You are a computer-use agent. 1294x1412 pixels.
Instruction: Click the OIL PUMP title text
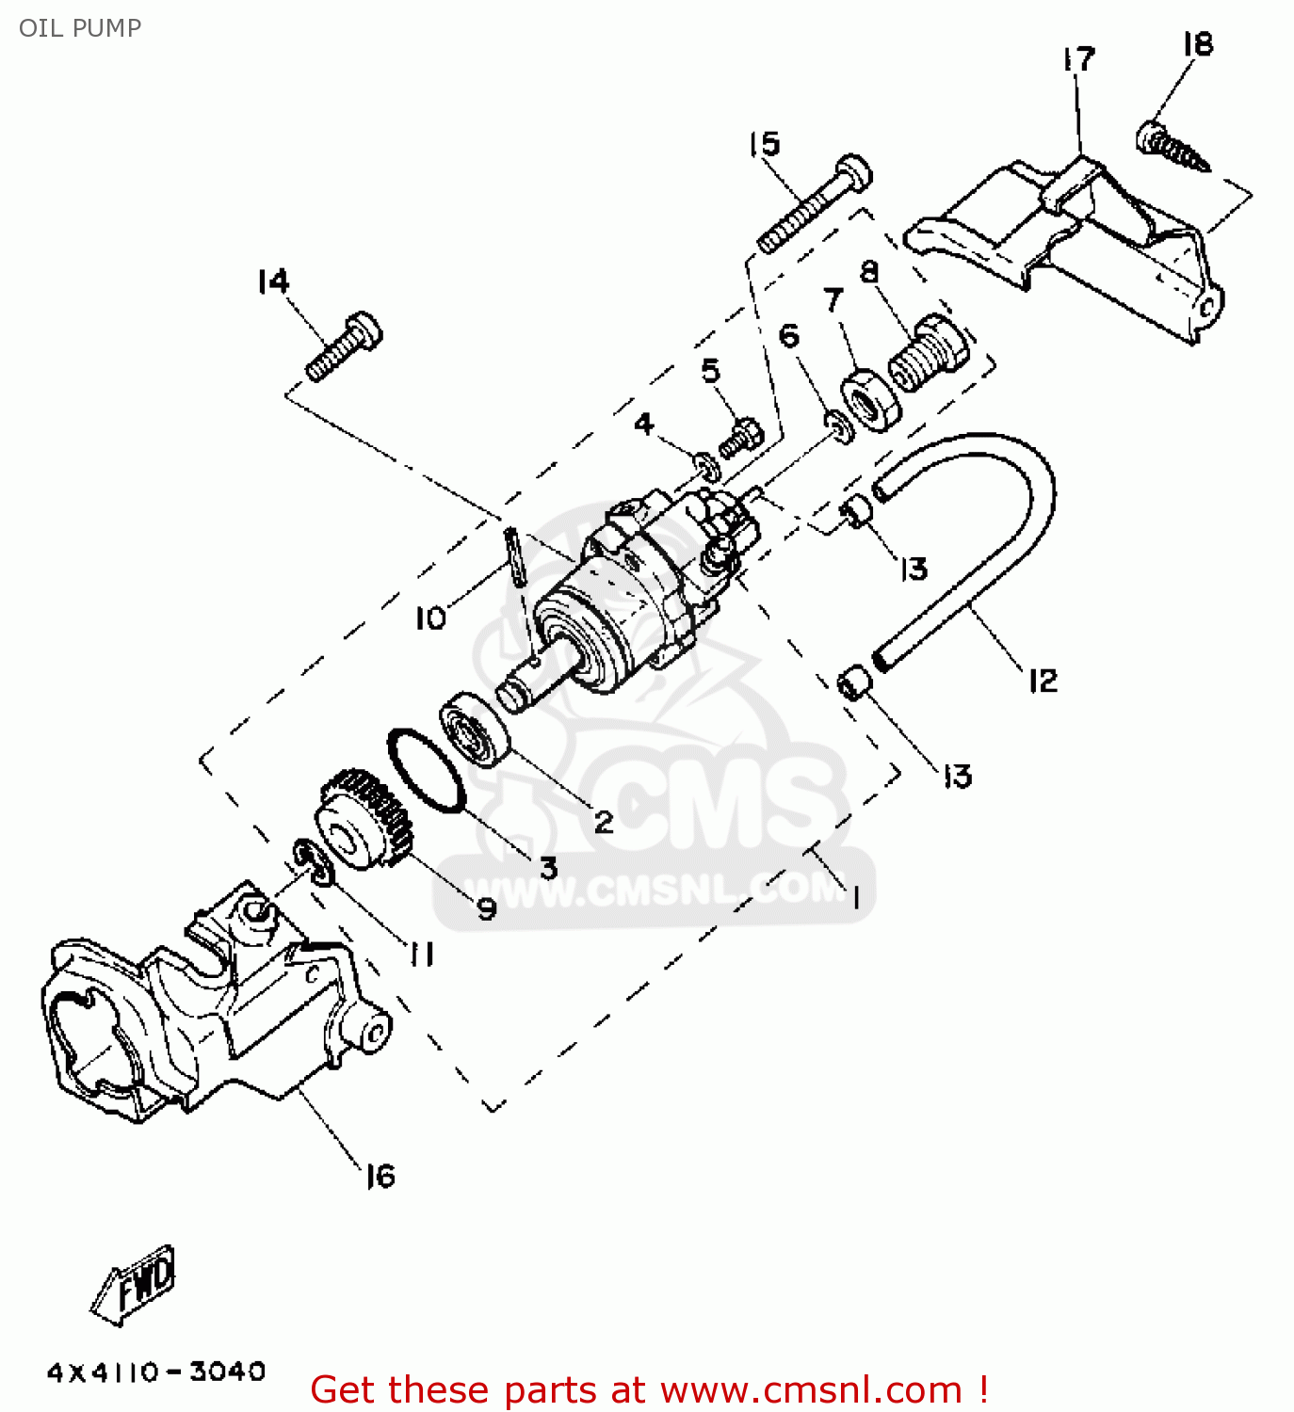pyautogui.click(x=80, y=28)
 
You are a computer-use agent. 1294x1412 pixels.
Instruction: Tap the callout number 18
pyautogui.click(x=1198, y=44)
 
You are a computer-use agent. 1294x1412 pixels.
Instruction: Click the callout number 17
pyautogui.click(x=1079, y=59)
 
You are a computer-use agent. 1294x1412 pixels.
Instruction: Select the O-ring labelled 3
pyautogui.click(x=426, y=768)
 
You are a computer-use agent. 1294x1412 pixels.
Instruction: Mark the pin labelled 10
pyautogui.click(x=514, y=556)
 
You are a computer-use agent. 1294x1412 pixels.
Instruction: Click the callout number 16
pyautogui.click(x=380, y=1176)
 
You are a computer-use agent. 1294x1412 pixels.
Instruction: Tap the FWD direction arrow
pyautogui.click(x=135, y=1285)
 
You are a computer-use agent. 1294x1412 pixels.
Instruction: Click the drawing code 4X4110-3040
pyautogui.click(x=156, y=1372)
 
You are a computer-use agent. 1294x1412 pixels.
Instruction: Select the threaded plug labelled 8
pyautogui.click(x=929, y=354)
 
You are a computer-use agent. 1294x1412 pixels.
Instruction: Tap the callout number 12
pyautogui.click(x=1043, y=680)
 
